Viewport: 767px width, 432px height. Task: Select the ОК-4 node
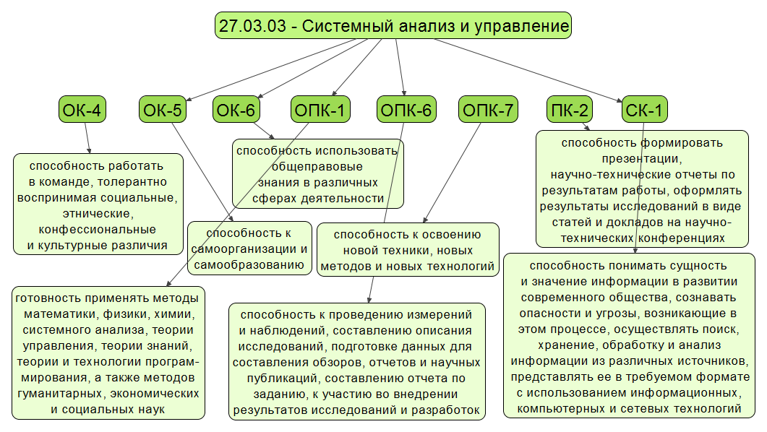pyautogui.click(x=82, y=111)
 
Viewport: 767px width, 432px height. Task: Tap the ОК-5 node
pyautogui.click(x=162, y=111)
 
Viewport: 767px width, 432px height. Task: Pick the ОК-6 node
pyautogui.click(x=236, y=111)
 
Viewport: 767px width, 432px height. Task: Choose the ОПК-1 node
pyautogui.click(x=321, y=111)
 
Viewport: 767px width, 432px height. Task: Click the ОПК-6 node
pyautogui.click(x=405, y=111)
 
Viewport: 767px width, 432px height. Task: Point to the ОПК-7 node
pyautogui.click(x=488, y=111)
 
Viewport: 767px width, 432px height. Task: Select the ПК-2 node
pyautogui.click(x=570, y=111)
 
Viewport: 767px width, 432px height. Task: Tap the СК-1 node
pyautogui.click(x=645, y=111)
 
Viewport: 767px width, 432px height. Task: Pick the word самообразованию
pyautogui.click(x=249, y=265)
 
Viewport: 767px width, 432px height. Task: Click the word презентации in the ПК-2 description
pyautogui.click(x=642, y=158)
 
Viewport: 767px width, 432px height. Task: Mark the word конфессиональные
pyautogui.click(x=96, y=230)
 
